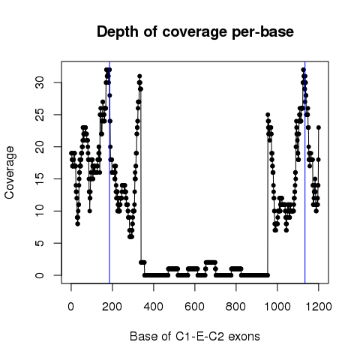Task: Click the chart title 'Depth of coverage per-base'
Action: [195, 32]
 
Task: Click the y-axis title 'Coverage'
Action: [10, 172]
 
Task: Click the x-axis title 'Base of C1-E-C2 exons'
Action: [195, 337]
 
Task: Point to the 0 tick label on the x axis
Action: [71, 306]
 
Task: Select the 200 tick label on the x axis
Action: [112, 306]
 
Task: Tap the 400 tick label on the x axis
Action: [154, 306]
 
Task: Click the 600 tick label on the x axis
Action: [194, 306]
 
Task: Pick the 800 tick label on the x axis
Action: [235, 306]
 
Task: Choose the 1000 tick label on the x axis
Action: [277, 306]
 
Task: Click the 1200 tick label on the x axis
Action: [319, 306]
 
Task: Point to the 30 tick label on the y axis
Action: [40, 82]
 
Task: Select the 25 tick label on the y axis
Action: [40, 115]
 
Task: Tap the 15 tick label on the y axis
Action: [40, 178]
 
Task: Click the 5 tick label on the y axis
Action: [40, 243]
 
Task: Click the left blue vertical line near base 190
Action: [109, 172]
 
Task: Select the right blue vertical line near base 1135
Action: [305, 172]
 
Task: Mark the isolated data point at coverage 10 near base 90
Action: [90, 211]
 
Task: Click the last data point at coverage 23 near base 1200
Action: [319, 127]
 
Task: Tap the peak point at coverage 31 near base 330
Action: [139, 76]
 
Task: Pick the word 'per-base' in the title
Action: [262, 32]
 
